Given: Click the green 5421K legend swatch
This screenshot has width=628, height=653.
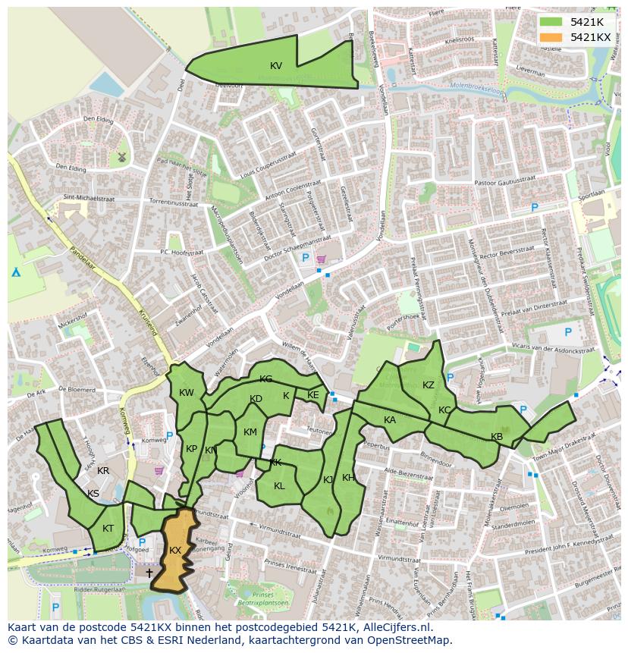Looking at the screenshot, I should (551, 22).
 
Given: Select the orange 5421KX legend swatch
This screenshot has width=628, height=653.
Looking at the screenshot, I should (551, 37).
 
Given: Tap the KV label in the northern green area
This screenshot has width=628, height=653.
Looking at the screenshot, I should (276, 66).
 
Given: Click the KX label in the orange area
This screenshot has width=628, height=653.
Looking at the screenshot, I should (175, 550).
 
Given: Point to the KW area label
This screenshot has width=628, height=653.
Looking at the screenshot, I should (187, 393).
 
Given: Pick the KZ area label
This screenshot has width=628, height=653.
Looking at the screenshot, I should (429, 385).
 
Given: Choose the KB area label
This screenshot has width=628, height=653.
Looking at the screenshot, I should (497, 437).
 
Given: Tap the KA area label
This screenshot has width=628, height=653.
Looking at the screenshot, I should (390, 420).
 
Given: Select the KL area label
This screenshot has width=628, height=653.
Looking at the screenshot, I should (279, 486).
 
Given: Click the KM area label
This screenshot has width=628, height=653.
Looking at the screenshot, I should (250, 432).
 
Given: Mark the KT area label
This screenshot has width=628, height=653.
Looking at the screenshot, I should (108, 529).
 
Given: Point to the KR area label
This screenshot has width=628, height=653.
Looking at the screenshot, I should (104, 471).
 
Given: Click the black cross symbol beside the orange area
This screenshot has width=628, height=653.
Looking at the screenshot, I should (149, 573).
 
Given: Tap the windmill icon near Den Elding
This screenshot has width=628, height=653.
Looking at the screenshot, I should (121, 158).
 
